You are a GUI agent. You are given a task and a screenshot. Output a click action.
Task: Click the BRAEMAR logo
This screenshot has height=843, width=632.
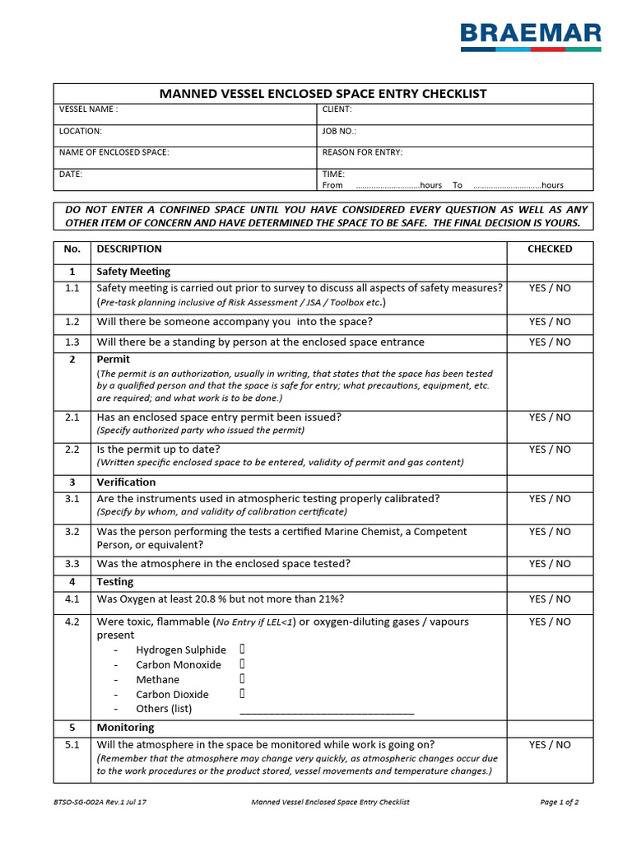pos(530,36)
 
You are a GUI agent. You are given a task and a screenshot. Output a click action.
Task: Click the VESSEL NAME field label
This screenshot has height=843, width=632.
pos(88,109)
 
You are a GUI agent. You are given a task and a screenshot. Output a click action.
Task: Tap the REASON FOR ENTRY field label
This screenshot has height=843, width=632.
pos(362,152)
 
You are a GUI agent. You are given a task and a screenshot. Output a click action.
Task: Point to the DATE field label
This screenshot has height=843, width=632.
pos(71,175)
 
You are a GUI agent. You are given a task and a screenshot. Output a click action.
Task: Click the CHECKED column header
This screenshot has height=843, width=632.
pos(550,249)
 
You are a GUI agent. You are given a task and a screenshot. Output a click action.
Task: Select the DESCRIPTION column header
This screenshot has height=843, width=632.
pos(129,249)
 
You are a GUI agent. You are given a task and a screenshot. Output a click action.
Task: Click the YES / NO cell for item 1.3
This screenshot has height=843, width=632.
pos(550,342)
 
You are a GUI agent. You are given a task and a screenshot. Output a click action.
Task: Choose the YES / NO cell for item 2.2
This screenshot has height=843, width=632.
pos(550,449)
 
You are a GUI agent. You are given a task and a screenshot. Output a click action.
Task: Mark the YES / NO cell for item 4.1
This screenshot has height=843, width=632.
pos(550,599)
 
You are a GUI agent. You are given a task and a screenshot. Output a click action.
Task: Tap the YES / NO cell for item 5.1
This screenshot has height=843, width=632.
pos(550,745)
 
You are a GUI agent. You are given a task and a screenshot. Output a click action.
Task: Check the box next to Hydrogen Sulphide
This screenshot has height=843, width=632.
pos(243,650)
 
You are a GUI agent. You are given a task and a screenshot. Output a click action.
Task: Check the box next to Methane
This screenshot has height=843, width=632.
pos(243,679)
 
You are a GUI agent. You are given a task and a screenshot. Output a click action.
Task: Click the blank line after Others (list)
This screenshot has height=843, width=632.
pos(327,710)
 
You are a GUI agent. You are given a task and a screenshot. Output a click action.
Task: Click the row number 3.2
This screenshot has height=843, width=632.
pos(72,532)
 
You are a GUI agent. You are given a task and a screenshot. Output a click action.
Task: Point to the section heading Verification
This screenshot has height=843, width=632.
pos(126,482)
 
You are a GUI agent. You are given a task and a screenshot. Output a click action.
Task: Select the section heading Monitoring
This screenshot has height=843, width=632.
pos(125,728)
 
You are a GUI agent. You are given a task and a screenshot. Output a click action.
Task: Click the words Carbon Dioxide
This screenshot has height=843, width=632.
pos(172,694)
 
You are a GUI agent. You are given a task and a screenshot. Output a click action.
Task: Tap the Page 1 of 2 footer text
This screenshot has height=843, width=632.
pos(560,801)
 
